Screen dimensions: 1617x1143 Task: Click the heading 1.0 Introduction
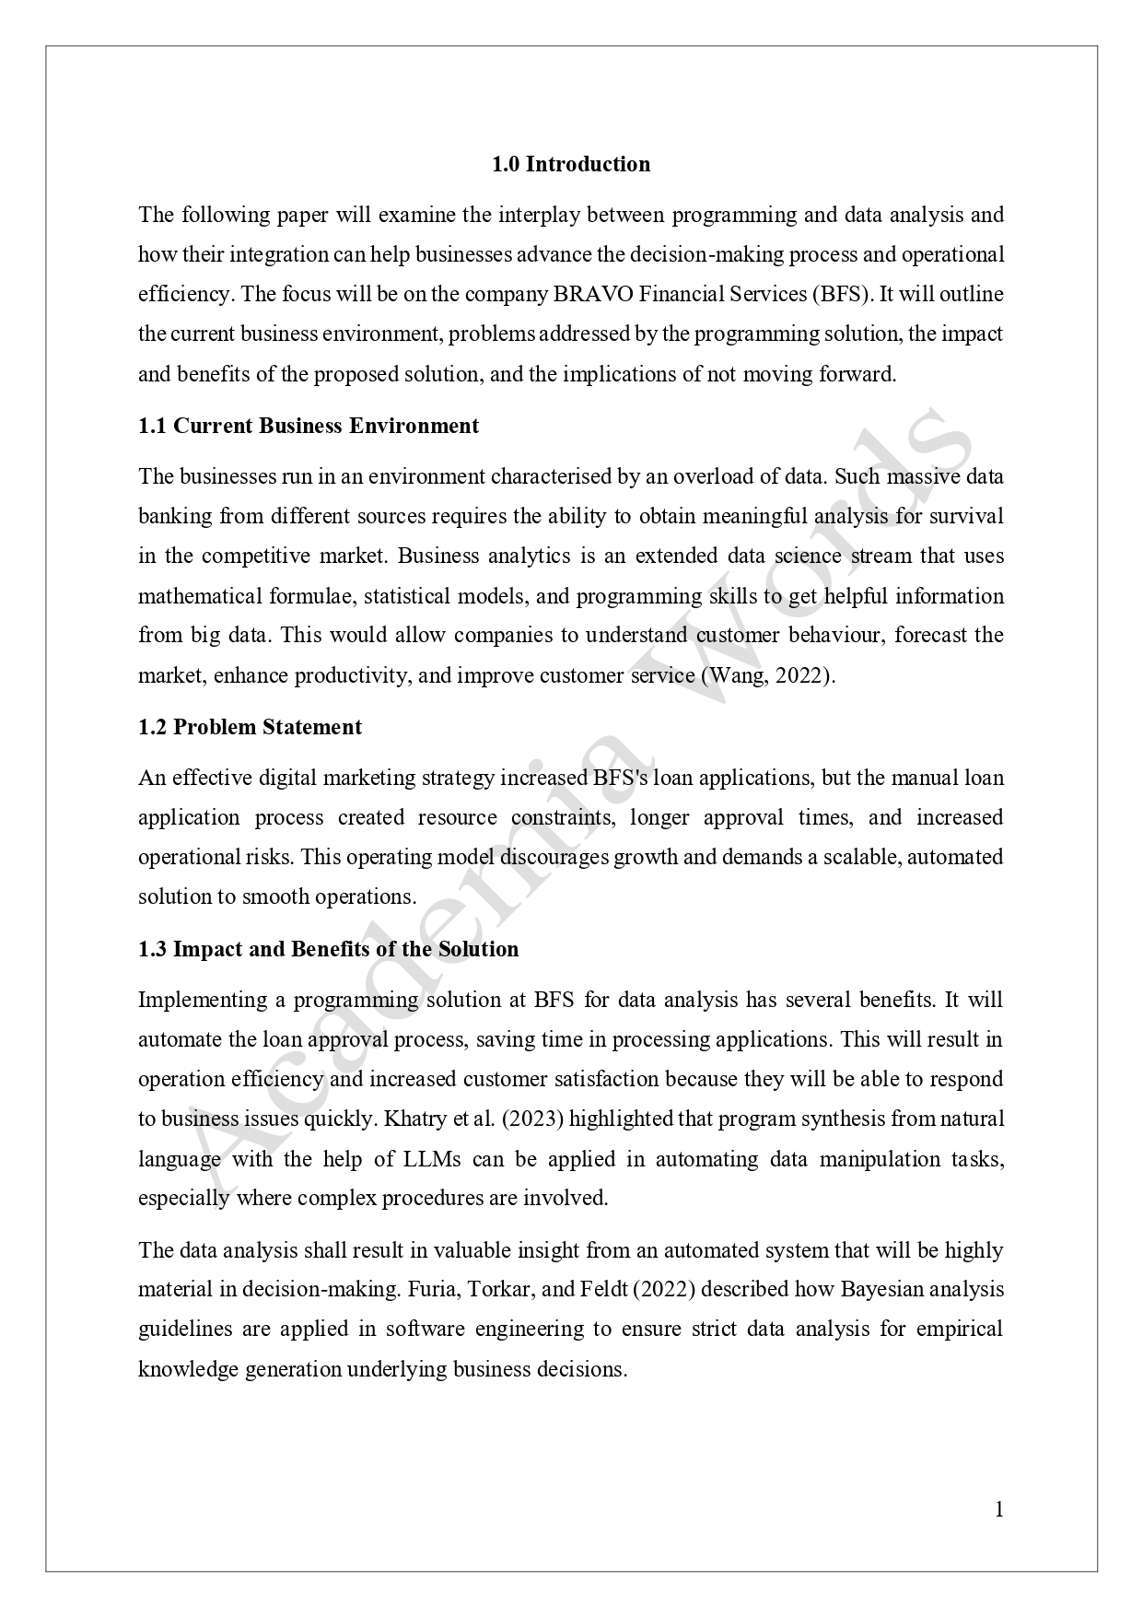(570, 165)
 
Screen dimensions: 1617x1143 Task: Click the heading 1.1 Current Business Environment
(309, 426)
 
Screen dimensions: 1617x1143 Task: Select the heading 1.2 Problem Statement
(250, 727)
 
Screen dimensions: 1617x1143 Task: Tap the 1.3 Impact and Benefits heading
(328, 949)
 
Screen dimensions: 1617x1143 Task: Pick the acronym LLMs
(432, 1159)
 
